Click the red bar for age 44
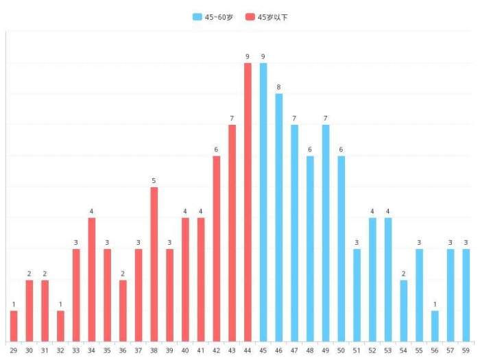point(248,202)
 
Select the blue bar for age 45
point(263,202)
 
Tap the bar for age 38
point(154,264)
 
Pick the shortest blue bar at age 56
point(435,326)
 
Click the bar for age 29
point(14,326)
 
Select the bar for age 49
point(326,233)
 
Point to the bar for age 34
point(92,280)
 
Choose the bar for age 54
point(403,311)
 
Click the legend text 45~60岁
point(219,17)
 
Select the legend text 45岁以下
point(272,17)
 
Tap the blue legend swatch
point(197,17)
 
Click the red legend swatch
point(250,17)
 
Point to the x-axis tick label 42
point(216,350)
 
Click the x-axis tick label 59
point(466,350)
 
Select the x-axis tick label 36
point(123,350)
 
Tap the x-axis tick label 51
point(357,350)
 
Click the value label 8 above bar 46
point(279,87)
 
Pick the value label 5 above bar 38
point(154,180)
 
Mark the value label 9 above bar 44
point(248,56)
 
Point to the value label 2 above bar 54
point(403,274)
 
